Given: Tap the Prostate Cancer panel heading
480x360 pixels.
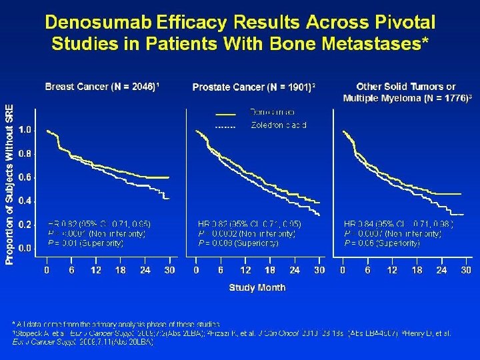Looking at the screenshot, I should [253, 87].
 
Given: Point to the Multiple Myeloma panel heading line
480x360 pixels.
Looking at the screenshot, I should [406, 99].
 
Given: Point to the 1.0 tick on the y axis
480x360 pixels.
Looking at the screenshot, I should [23, 129].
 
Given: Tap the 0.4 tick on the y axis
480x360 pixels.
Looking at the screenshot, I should [23, 201].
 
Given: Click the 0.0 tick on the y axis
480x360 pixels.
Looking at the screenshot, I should [23, 248].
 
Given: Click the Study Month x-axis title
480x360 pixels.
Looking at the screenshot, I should [257, 288].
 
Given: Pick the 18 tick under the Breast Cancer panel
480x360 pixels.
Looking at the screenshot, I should [121, 270].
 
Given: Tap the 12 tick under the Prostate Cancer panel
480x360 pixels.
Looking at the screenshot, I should [245, 270].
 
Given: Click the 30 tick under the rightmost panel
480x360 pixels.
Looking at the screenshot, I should [465, 270].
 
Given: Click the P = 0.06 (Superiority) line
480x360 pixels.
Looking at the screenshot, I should [382, 244].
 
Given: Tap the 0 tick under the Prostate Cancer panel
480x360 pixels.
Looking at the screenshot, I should [196, 270].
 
